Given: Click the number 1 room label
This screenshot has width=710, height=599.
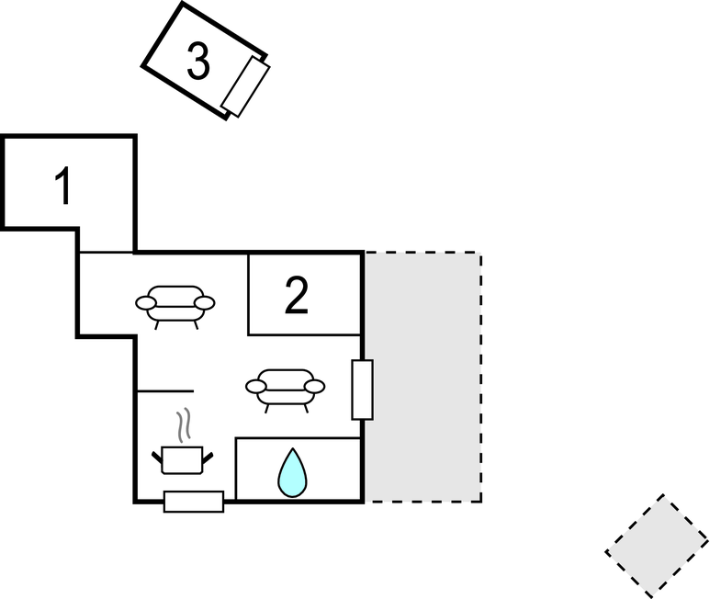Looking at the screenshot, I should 62,186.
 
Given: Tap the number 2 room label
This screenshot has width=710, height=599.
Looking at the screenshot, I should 296,296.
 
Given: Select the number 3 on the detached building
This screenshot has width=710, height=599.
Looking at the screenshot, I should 198,62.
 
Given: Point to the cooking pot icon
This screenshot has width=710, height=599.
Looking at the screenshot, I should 181,458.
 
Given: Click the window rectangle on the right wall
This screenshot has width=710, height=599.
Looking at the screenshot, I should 363,390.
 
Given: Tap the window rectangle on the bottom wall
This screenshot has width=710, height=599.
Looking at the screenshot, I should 194,502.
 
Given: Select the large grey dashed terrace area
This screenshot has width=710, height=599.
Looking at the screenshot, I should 423,377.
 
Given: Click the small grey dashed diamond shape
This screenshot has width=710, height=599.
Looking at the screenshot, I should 657,544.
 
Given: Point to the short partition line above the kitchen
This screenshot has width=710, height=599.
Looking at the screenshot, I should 165,390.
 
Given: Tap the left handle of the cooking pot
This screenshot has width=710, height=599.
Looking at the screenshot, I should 156,454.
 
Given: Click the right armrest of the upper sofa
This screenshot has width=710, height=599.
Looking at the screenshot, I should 204,302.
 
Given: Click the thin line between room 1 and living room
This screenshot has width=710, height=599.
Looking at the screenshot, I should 107,252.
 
